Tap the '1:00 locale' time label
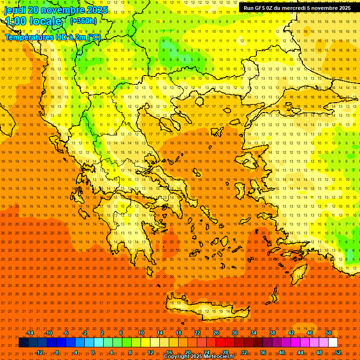[34, 21]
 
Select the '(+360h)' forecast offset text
[83, 21]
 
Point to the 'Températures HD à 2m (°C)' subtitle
[53, 37]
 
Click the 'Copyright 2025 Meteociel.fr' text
[199, 357]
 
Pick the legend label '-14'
[30, 333]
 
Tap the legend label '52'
[338, 352]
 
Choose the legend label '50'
[329, 333]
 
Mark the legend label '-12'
[39, 352]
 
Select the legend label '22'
[197, 333]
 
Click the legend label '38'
[272, 333]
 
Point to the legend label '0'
[93, 352]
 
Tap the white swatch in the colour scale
[333, 343]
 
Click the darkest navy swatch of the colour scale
[23, 343]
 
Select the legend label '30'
[235, 333]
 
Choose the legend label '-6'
[66, 333]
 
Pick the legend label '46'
[310, 333]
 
